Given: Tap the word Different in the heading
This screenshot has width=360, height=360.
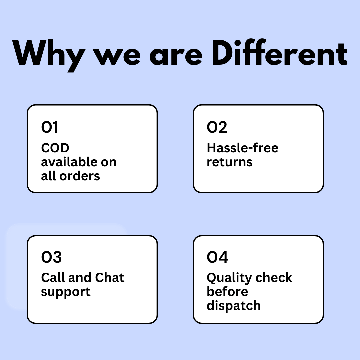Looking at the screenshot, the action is click(x=279, y=53).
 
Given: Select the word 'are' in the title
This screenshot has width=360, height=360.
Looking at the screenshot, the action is click(x=176, y=56).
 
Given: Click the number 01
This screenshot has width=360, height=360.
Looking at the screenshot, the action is click(x=49, y=127).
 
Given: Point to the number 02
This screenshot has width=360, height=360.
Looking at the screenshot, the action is click(x=217, y=127).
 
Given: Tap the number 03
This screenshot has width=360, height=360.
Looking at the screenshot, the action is click(x=51, y=257).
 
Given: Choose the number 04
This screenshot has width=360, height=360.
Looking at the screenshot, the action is click(x=217, y=257).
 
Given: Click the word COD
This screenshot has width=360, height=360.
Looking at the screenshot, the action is click(x=55, y=148).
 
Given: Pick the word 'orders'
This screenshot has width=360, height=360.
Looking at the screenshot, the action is click(x=80, y=176).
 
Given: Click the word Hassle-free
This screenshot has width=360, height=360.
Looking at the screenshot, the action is click(x=242, y=148).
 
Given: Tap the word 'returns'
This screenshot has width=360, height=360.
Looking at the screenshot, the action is click(x=230, y=162).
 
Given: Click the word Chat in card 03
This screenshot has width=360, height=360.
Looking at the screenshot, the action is click(x=110, y=277).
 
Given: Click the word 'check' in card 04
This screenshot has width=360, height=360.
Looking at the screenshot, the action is click(x=274, y=277).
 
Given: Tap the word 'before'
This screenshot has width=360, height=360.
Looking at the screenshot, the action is click(x=227, y=292).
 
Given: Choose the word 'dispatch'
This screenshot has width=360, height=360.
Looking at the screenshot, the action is click(x=234, y=306).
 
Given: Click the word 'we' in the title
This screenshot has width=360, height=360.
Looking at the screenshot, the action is click(x=117, y=56).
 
